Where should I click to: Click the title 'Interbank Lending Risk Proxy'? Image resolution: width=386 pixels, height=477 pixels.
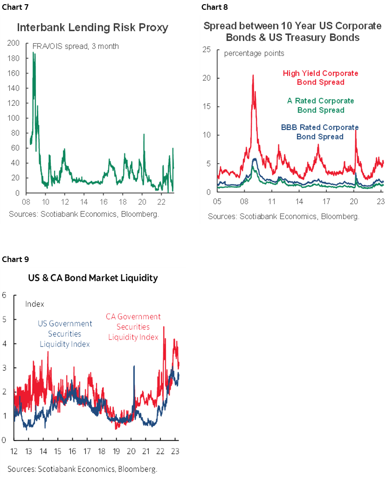click(92, 28)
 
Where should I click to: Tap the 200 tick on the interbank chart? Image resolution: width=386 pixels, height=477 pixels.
click(14, 43)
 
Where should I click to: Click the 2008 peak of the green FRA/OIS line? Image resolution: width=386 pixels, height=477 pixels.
click(34, 54)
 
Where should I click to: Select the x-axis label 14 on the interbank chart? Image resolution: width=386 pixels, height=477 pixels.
click(84, 202)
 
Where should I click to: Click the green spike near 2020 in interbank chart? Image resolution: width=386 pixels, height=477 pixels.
click(144, 134)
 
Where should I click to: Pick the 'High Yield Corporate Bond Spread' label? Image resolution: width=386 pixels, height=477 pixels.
click(320, 78)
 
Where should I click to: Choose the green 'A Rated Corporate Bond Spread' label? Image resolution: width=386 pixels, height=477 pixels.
click(320, 105)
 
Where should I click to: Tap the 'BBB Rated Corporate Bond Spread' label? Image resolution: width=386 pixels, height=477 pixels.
click(320, 132)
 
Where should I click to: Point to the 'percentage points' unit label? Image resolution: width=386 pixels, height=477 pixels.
click(254, 53)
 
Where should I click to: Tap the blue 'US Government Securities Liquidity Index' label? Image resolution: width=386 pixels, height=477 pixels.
click(64, 334)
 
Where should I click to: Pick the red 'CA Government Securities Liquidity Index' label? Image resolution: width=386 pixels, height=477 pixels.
click(133, 326)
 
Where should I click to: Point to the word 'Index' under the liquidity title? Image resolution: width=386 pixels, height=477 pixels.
click(34, 304)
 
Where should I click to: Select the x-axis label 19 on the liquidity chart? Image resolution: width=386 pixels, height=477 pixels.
click(116, 452)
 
